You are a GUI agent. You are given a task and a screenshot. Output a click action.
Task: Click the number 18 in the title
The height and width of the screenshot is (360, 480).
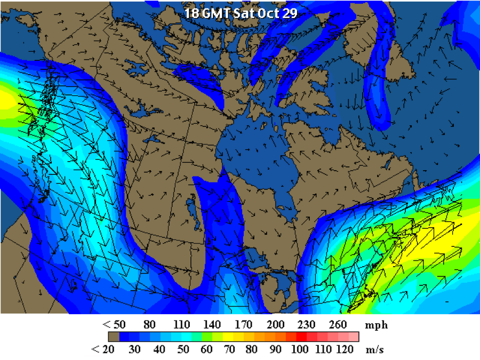coord(190,12)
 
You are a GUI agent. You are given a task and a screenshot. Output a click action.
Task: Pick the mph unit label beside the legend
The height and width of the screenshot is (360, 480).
coord(376,324)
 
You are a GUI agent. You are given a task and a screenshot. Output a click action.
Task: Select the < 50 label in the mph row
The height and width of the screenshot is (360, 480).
coord(114,324)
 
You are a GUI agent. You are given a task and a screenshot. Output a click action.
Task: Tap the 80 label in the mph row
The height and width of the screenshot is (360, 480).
coord(149,324)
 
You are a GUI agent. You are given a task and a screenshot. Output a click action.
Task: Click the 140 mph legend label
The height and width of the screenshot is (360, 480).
coord(212,324)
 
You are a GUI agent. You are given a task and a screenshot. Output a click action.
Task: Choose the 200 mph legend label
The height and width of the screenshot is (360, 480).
coord(276,324)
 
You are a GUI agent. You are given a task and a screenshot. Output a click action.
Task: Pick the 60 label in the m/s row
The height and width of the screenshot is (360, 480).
coord(206,349)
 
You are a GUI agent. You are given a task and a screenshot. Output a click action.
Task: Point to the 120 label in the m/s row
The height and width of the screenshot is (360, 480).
coord(345,349)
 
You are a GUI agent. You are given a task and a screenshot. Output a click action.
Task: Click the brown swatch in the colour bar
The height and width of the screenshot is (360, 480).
coord(114,337)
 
